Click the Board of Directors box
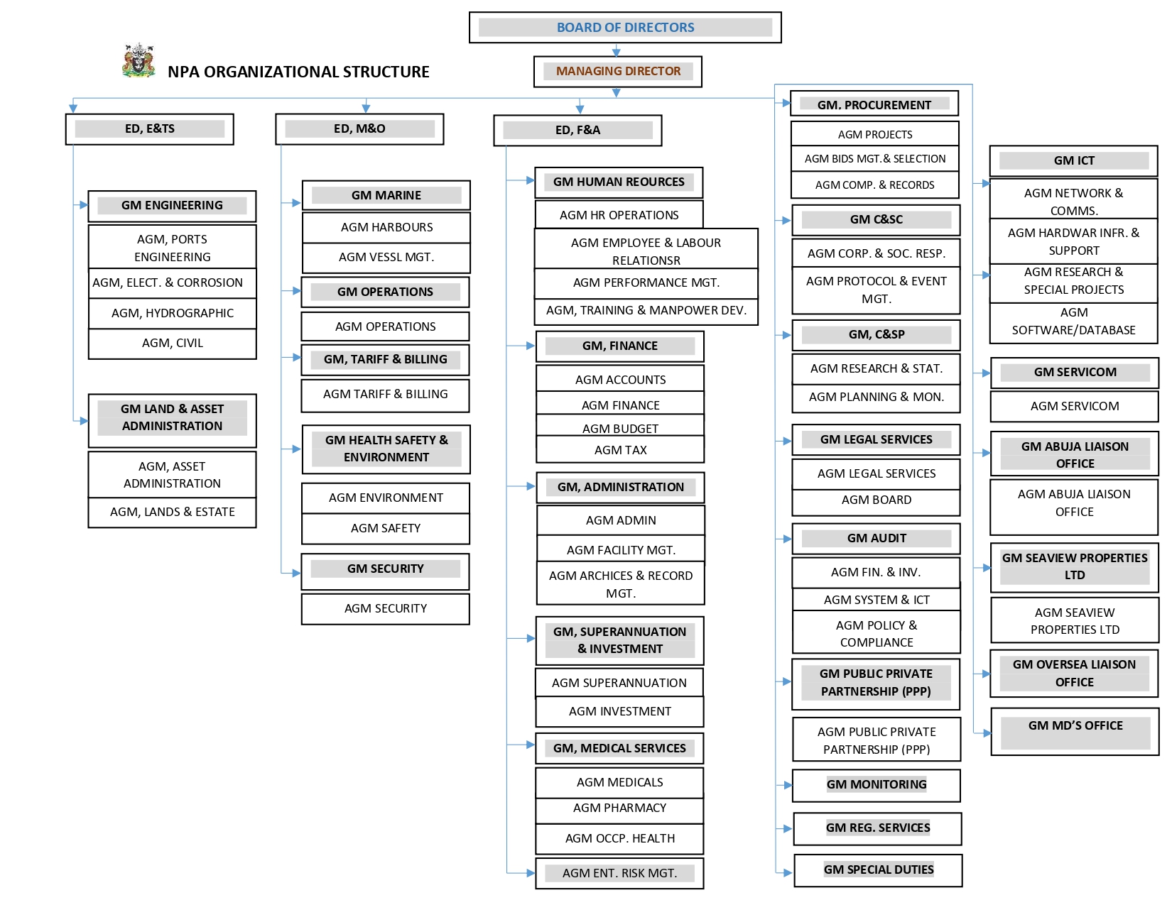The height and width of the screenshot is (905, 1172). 624,28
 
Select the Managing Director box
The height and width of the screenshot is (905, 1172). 617,71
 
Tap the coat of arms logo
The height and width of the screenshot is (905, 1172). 139,60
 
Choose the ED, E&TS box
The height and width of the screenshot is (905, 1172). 149,128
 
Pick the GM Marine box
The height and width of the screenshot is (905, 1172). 386,195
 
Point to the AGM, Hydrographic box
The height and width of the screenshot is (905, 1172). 172,313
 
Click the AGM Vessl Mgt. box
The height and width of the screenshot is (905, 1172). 386,258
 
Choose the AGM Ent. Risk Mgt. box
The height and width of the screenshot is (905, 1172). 619,873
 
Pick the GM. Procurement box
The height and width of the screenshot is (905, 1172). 874,104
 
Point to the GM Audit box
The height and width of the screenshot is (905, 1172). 876,539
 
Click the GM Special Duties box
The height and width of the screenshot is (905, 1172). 878,870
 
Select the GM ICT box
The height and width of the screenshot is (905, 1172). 1073,160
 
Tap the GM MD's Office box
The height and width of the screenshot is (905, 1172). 1075,731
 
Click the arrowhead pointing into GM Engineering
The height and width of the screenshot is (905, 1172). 84,205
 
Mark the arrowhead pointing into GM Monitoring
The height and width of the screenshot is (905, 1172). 788,785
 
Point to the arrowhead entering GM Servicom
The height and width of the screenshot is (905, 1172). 986,373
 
